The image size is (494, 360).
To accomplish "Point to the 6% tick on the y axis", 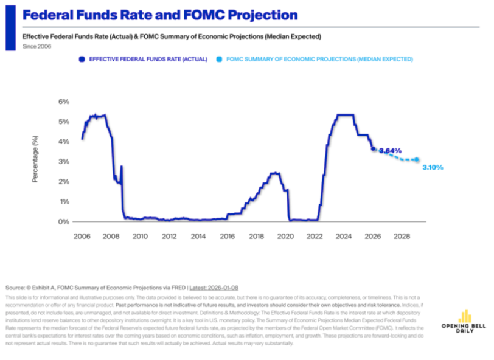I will click(x=64, y=102).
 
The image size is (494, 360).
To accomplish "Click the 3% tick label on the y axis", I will click(x=64, y=162).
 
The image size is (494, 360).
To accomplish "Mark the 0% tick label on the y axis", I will click(x=64, y=221).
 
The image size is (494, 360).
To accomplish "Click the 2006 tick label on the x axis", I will click(x=82, y=235).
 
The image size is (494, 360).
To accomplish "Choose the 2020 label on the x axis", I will click(x=285, y=235).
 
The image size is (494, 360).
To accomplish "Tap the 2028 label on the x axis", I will click(x=402, y=235).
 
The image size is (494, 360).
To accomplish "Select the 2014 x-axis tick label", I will click(x=198, y=235).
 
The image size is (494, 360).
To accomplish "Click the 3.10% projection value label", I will click(x=433, y=167).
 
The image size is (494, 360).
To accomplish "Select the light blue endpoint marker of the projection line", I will click(x=417, y=160).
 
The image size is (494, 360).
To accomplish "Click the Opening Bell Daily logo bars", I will click(x=465, y=316).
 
